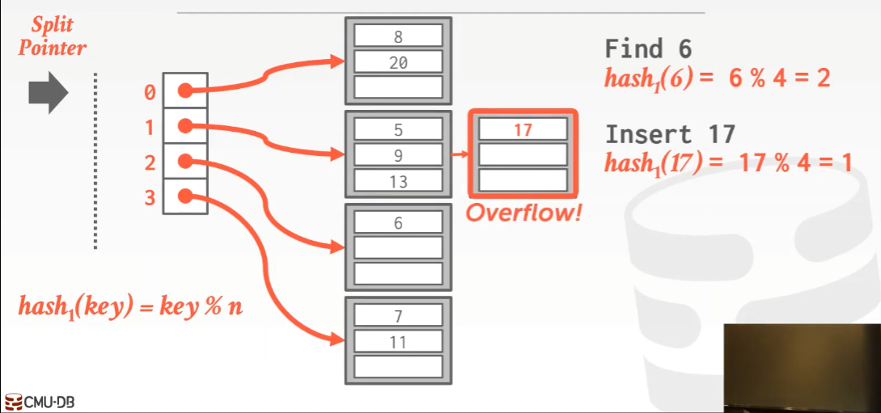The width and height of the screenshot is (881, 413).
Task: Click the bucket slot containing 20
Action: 398,61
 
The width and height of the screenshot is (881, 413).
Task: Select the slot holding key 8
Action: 398,36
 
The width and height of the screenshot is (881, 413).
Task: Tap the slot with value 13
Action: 398,181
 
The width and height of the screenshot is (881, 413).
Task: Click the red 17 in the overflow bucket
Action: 523,129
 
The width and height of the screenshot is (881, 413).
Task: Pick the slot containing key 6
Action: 398,222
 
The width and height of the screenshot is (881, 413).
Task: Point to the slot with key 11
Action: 398,342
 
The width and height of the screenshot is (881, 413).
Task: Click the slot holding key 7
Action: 398,316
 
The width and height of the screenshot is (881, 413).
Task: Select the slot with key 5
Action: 398,129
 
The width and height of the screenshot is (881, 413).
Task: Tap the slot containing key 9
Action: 398,154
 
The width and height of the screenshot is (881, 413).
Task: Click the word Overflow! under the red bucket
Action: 523,215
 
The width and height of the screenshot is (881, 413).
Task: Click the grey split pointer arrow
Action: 48,93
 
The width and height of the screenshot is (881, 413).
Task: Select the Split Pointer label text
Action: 53,38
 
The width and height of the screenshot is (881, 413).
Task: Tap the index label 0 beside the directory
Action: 150,92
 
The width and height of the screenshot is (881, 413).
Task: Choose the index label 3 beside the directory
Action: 150,197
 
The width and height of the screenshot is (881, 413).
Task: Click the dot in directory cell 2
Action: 185,161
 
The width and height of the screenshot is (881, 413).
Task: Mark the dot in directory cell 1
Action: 185,125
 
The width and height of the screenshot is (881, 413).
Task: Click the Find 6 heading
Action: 648,49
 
